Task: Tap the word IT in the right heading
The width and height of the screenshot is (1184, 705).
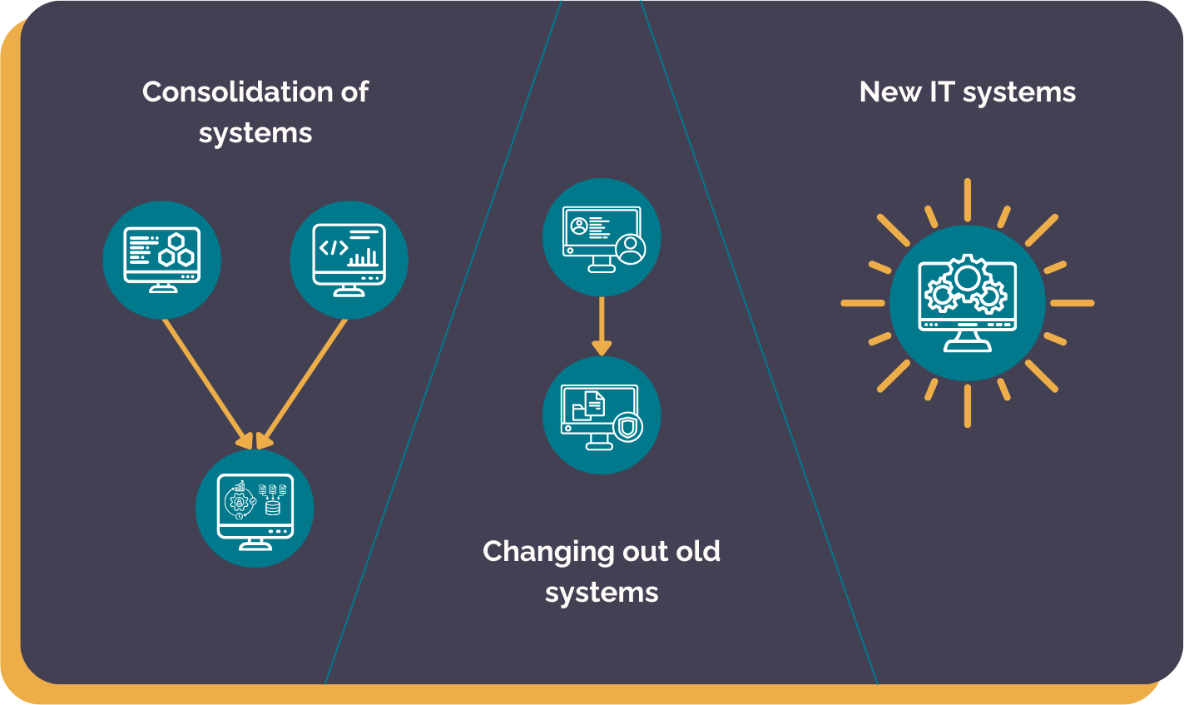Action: point(941,92)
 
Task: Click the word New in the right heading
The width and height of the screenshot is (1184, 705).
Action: point(889,92)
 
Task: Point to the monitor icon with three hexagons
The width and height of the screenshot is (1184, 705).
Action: point(162,260)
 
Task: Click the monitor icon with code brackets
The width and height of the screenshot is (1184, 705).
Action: point(349,260)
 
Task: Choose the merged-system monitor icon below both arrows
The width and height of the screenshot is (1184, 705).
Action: point(255,509)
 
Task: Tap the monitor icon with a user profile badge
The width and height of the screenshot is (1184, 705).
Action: point(602,237)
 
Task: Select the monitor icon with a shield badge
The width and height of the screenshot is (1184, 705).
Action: point(602,415)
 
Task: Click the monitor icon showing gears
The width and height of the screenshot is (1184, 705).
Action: point(967,303)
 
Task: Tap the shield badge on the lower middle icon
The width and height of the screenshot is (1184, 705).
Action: point(628,428)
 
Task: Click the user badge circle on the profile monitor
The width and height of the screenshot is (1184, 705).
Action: point(630,248)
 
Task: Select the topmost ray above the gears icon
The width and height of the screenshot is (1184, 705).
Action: point(967,200)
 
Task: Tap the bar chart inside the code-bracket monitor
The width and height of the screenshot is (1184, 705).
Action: point(364,257)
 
